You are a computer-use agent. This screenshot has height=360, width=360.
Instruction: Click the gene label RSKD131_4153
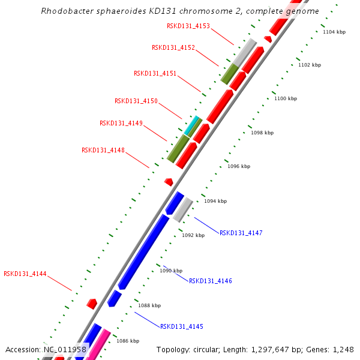coord(188,26)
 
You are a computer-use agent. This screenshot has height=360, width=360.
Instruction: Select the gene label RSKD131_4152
coord(173,47)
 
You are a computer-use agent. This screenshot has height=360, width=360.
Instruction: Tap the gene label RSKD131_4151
coord(155,73)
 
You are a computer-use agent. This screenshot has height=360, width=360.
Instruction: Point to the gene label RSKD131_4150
coord(136,101)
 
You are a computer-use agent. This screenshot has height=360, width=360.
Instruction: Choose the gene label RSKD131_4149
coord(121,123)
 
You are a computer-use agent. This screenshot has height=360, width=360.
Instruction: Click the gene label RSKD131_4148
coord(103,150)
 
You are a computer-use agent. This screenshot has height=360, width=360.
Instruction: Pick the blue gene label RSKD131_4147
coord(241,233)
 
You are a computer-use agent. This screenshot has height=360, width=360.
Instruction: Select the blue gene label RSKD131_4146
coord(210,281)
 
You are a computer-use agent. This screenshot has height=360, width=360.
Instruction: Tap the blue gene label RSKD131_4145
coord(181,326)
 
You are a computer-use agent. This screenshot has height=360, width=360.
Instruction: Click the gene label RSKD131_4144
coord(25,274)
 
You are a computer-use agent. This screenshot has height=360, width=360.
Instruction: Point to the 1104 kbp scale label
coord(334,32)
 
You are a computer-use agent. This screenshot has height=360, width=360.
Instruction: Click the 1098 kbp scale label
coord(262,133)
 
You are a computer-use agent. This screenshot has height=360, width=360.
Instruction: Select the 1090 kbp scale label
coord(170,271)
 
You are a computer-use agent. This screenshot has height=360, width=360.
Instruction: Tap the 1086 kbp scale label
coord(127,341)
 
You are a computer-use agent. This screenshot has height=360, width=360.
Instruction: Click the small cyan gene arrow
coord(191,126)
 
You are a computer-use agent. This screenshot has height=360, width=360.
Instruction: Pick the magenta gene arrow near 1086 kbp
coord(97,345)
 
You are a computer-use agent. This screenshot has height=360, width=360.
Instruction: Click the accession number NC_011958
coord(65,349)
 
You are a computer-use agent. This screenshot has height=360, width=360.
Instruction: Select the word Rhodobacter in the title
coord(65,11)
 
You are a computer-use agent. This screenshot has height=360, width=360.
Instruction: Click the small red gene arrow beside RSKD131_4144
coord(92,304)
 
